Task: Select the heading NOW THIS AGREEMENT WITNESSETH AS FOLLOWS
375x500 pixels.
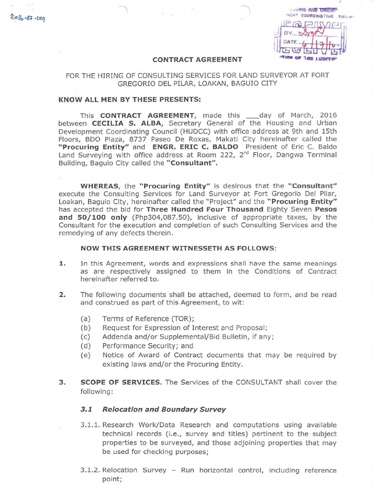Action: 178,249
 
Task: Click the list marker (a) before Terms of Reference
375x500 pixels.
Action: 86,318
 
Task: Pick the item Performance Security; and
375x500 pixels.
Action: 148,346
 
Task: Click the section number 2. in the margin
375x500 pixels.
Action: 62,294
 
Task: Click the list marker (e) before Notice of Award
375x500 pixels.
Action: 86,355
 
